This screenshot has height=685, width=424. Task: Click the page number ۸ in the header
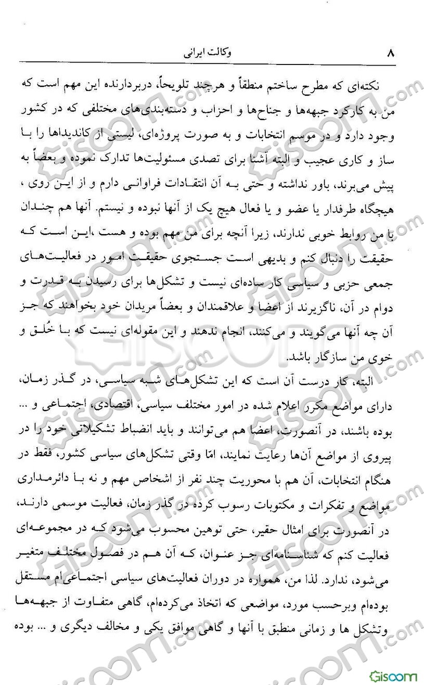[391, 53]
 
